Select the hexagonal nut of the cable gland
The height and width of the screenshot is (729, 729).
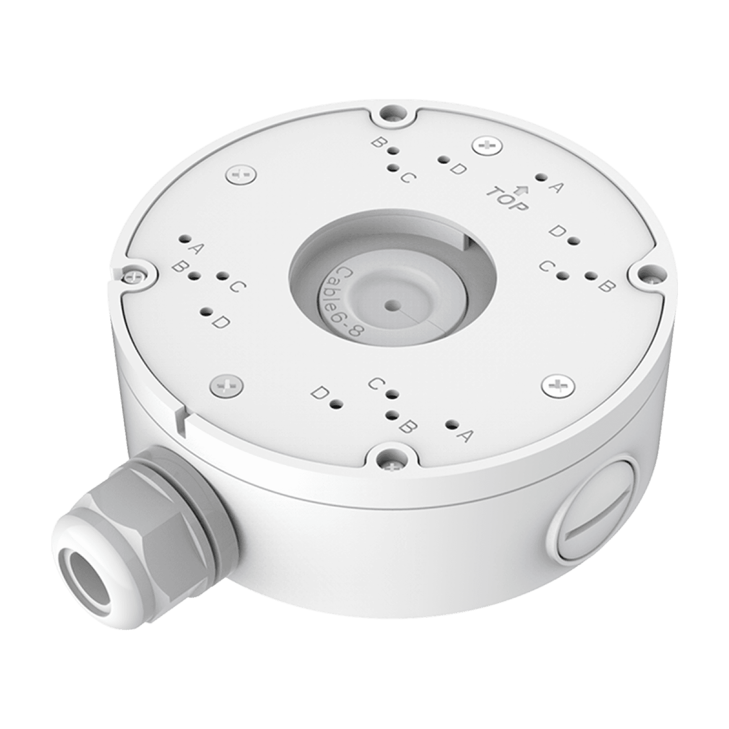coord(150,519)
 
